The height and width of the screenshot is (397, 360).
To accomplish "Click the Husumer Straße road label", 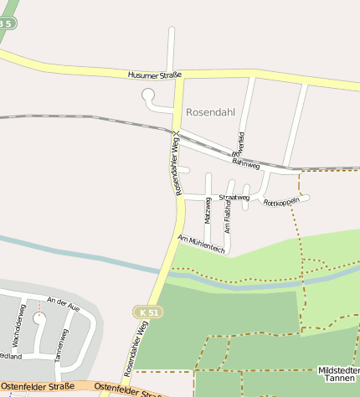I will coord(156,75).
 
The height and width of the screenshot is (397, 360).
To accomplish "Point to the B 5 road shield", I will coord(6,23).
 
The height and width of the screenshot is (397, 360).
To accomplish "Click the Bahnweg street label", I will coord(246,161).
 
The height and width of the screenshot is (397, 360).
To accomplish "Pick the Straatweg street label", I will coord(234,198).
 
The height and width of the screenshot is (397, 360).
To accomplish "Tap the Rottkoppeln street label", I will coord(281,203).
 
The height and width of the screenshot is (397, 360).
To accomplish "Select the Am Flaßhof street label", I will coord(228,215).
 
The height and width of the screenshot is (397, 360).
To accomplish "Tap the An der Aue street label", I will coord(62,302).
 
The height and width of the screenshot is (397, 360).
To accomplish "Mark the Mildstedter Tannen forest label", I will coord(339,374).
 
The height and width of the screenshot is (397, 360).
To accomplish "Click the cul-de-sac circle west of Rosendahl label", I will coord(148,95).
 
